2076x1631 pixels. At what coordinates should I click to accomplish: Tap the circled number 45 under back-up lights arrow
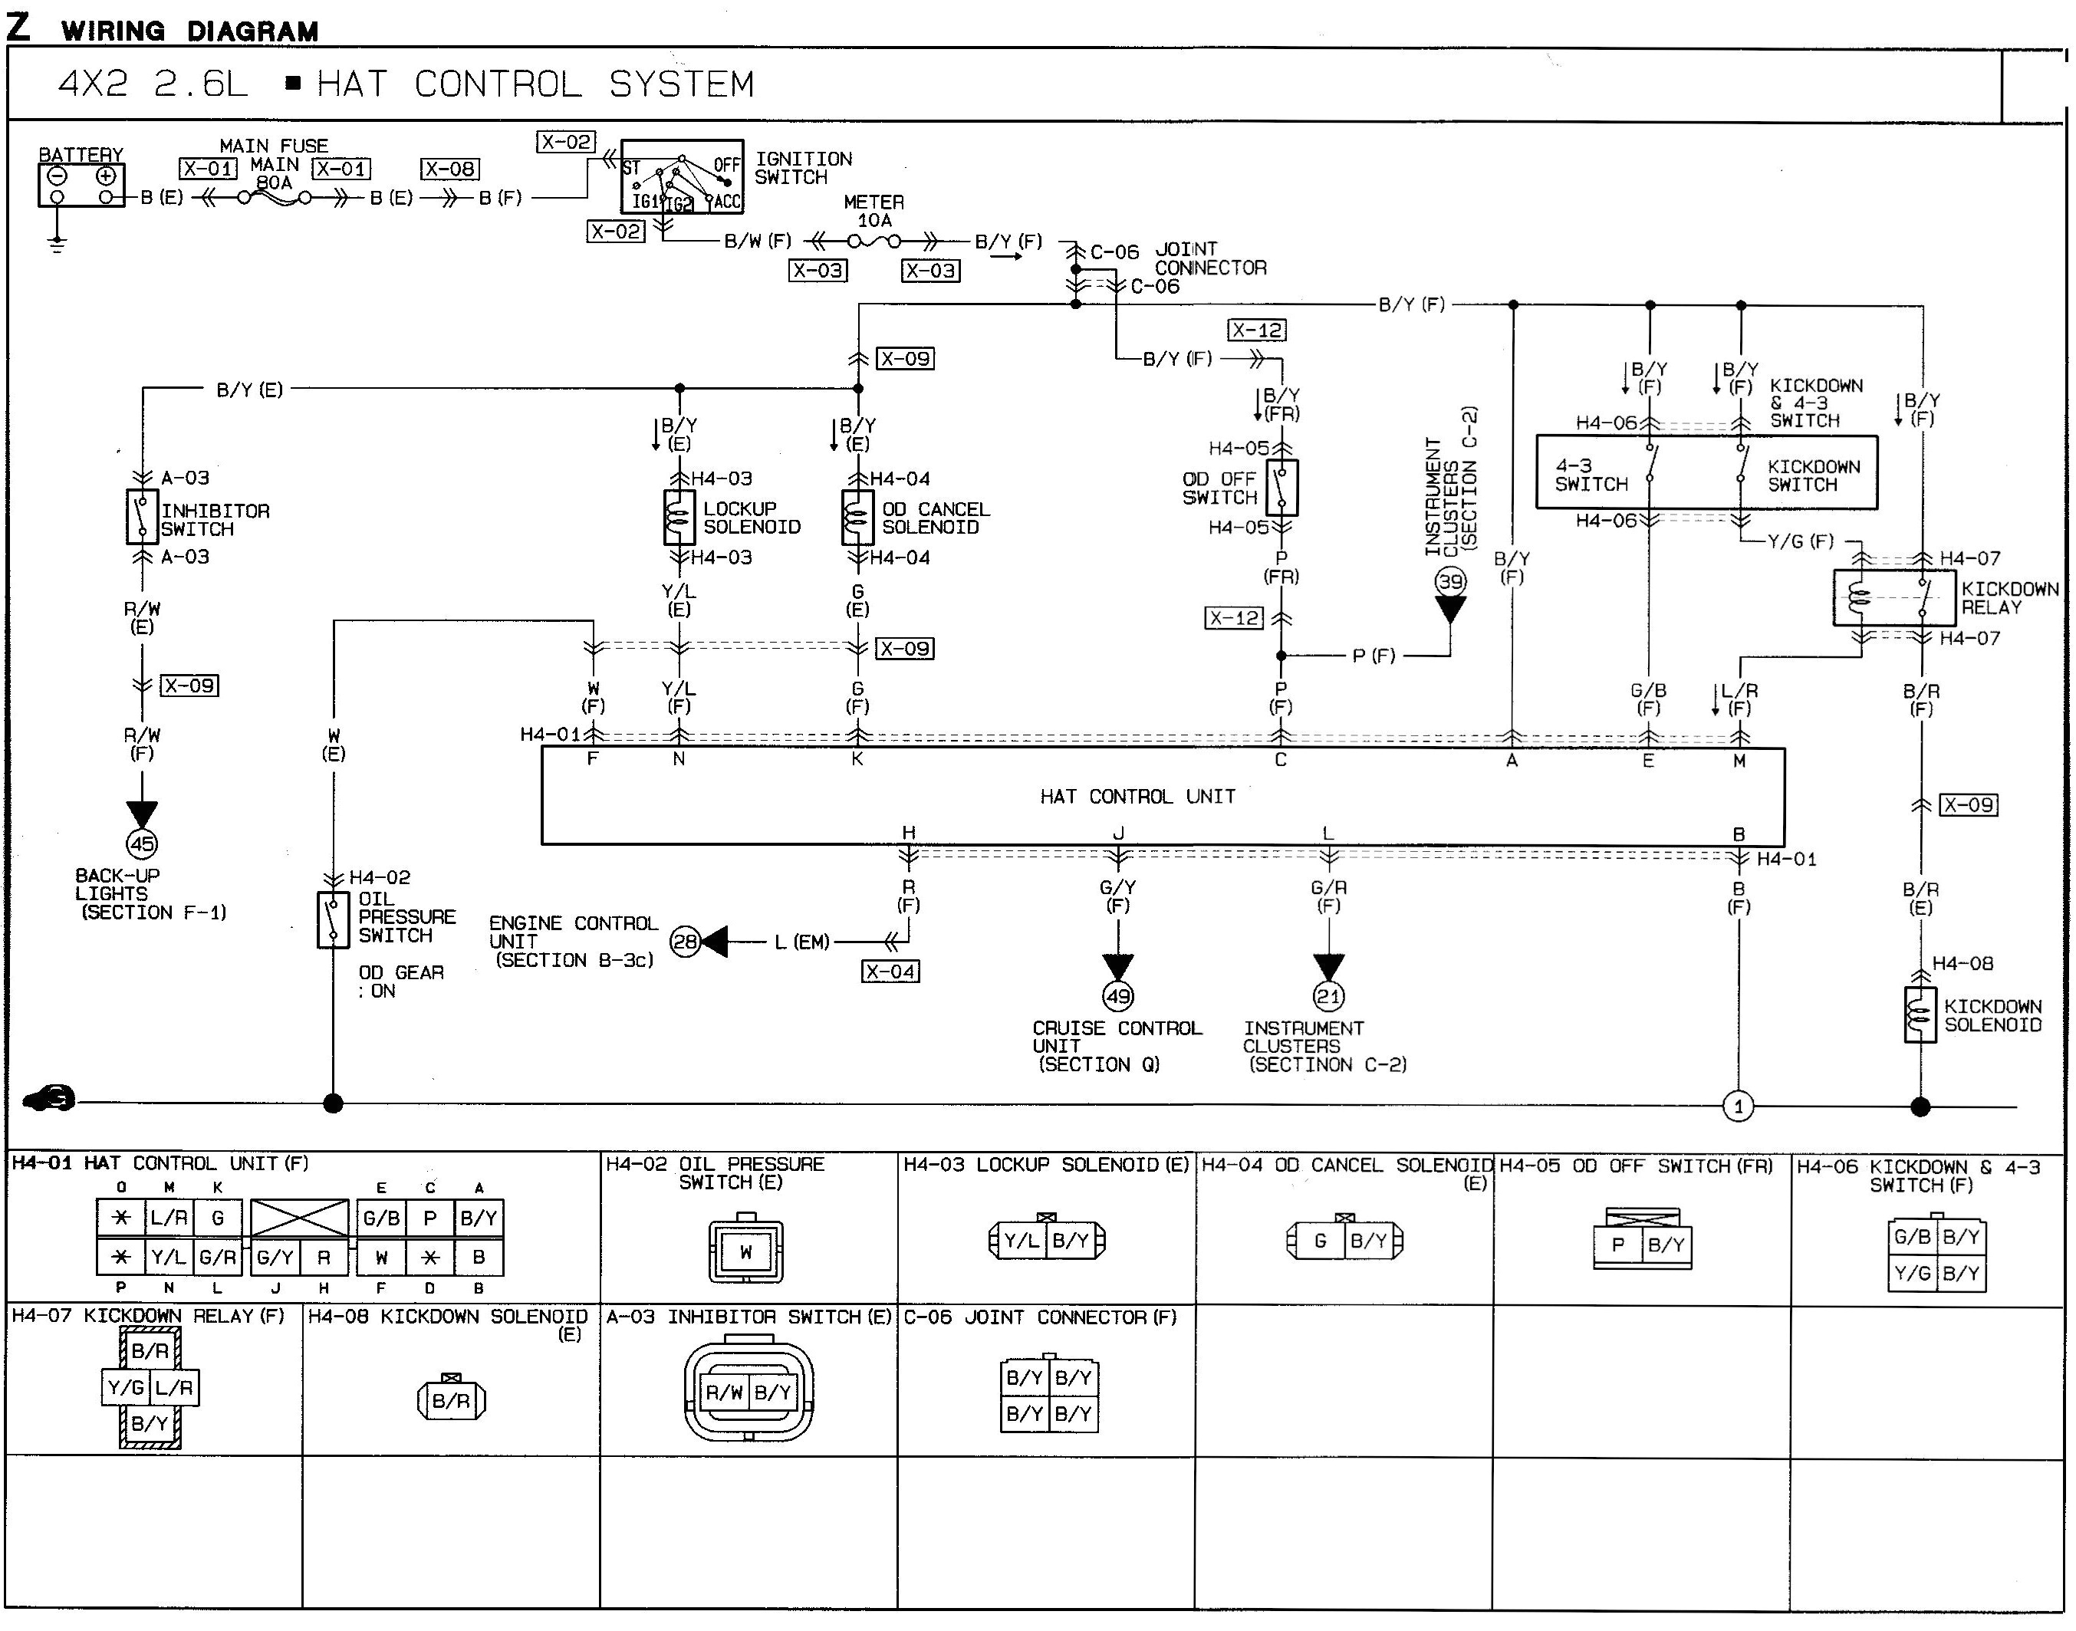[143, 844]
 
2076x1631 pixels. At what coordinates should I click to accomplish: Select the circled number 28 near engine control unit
[685, 942]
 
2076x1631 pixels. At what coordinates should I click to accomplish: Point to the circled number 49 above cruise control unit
[1118, 997]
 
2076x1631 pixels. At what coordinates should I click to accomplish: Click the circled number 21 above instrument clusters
[1328, 997]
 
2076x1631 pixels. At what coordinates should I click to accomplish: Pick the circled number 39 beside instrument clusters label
[1449, 581]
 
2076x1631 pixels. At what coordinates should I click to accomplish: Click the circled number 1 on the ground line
[1738, 1107]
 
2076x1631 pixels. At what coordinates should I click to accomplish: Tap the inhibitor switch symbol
[143, 517]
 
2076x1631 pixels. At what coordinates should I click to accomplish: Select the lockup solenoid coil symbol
[679, 518]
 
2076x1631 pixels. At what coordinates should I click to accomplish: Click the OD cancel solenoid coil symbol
[857, 518]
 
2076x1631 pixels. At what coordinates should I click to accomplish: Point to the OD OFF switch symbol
[1281, 488]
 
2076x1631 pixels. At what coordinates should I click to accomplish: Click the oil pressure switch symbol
[334, 919]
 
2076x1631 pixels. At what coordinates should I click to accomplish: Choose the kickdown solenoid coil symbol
[1920, 1015]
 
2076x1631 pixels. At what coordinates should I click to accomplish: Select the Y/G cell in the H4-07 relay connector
[125, 1387]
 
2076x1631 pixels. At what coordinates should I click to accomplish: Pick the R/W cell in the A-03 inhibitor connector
[724, 1393]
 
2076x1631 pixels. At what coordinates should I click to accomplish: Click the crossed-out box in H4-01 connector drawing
[300, 1219]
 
